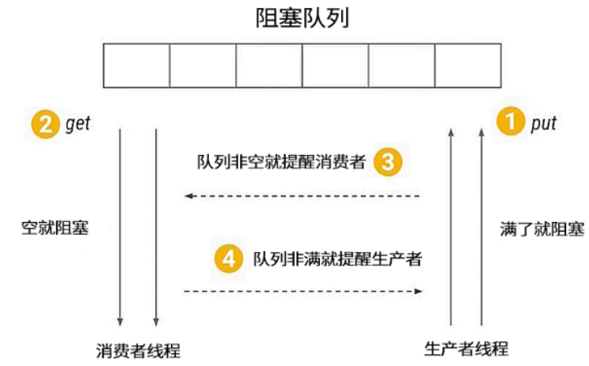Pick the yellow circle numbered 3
pyautogui.click(x=388, y=163)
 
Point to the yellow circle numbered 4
pyautogui.click(x=229, y=259)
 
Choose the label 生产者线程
pyautogui.click(x=466, y=349)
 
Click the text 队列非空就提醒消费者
pyautogui.click(x=281, y=163)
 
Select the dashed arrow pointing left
pyautogui.click(x=302, y=195)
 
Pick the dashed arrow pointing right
pyautogui.click(x=302, y=291)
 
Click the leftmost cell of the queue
pyautogui.click(x=138, y=65)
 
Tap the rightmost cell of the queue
pyautogui.click(x=468, y=65)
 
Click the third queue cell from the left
pyautogui.click(x=270, y=65)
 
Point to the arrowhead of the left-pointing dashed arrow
pyautogui.click(x=188, y=195)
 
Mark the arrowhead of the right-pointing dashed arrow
pyautogui.click(x=417, y=291)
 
